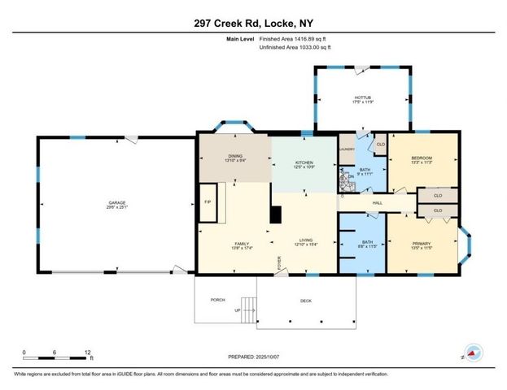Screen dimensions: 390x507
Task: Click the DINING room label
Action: tap(234, 155)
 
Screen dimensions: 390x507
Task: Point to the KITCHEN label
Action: tap(304, 162)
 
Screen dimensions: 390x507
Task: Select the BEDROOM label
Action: tap(421, 158)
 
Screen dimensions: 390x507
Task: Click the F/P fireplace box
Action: tap(208, 201)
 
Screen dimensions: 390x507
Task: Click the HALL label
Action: tap(378, 202)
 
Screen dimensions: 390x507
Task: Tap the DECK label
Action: tap(306, 301)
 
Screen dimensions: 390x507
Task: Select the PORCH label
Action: tap(217, 300)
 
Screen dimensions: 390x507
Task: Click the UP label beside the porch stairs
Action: tap(238, 310)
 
